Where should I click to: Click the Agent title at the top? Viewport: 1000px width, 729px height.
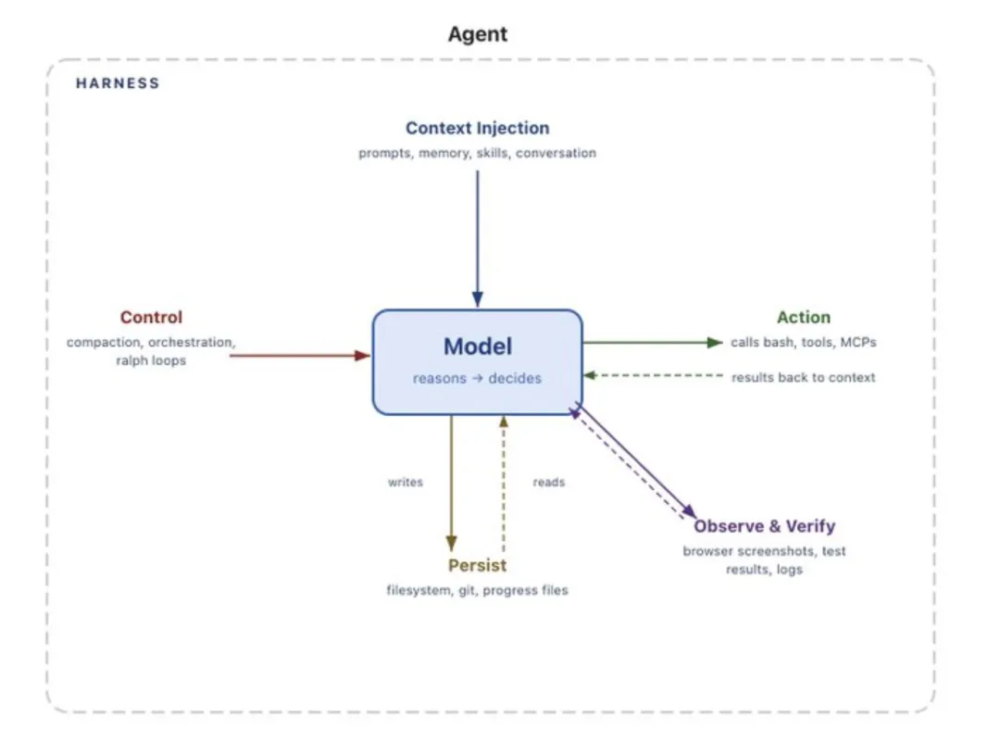click(477, 35)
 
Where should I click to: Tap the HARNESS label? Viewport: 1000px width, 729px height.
click(118, 83)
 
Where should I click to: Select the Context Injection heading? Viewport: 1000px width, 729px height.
click(477, 128)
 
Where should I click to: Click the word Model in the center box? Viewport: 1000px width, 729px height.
click(477, 346)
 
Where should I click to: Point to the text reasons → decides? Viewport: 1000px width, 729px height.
click(477, 378)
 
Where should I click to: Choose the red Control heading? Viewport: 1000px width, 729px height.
click(151, 318)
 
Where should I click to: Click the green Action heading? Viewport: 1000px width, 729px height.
click(803, 318)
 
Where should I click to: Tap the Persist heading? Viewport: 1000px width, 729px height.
click(477, 566)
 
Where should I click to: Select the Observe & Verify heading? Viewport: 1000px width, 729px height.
click(764, 526)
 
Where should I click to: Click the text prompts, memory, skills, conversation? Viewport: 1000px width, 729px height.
click(477, 153)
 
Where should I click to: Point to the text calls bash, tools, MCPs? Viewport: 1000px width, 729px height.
click(803, 343)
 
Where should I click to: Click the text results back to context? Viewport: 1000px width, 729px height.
click(803, 378)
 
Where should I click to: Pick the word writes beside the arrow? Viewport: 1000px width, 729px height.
click(406, 483)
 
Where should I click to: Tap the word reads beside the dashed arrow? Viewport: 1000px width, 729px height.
click(548, 483)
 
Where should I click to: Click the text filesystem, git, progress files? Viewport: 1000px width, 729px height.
click(477, 590)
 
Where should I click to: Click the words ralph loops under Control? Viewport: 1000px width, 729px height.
click(151, 360)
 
